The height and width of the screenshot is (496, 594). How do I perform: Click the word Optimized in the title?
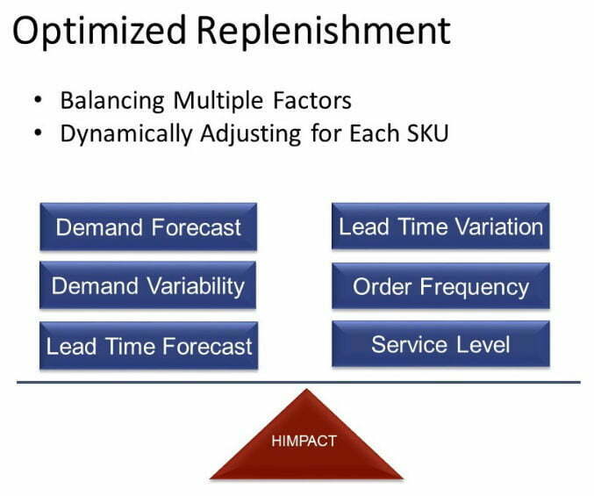tap(99, 32)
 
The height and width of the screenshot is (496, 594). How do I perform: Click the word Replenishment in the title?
tap(324, 30)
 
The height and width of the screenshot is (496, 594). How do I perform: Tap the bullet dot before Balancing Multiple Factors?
tap(38, 100)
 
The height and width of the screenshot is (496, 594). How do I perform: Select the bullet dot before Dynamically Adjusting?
tap(38, 133)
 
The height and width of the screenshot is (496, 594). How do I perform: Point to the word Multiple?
tap(218, 102)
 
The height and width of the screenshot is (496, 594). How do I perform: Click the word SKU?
tap(427, 133)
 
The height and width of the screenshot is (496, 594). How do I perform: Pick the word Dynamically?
tap(126, 135)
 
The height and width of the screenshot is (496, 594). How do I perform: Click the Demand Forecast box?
tap(148, 227)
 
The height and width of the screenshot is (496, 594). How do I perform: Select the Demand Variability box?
tap(147, 285)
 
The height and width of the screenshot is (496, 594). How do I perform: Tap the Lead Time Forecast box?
tap(149, 346)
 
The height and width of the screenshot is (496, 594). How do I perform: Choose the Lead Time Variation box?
tap(440, 226)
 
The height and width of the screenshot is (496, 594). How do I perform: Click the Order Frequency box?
tap(440, 286)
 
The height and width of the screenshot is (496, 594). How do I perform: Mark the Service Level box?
tap(440, 344)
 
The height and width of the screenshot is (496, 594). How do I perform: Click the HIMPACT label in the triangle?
tap(304, 441)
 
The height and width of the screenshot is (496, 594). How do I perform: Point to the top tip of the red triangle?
tap(306, 389)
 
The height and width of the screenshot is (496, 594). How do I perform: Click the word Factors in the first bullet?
tap(312, 101)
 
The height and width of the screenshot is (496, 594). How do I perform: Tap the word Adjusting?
tap(251, 135)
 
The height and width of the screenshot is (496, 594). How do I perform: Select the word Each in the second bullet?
tap(375, 133)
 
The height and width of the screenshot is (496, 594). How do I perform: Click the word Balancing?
tap(112, 102)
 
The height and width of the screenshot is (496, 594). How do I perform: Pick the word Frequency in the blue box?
tap(475, 288)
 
